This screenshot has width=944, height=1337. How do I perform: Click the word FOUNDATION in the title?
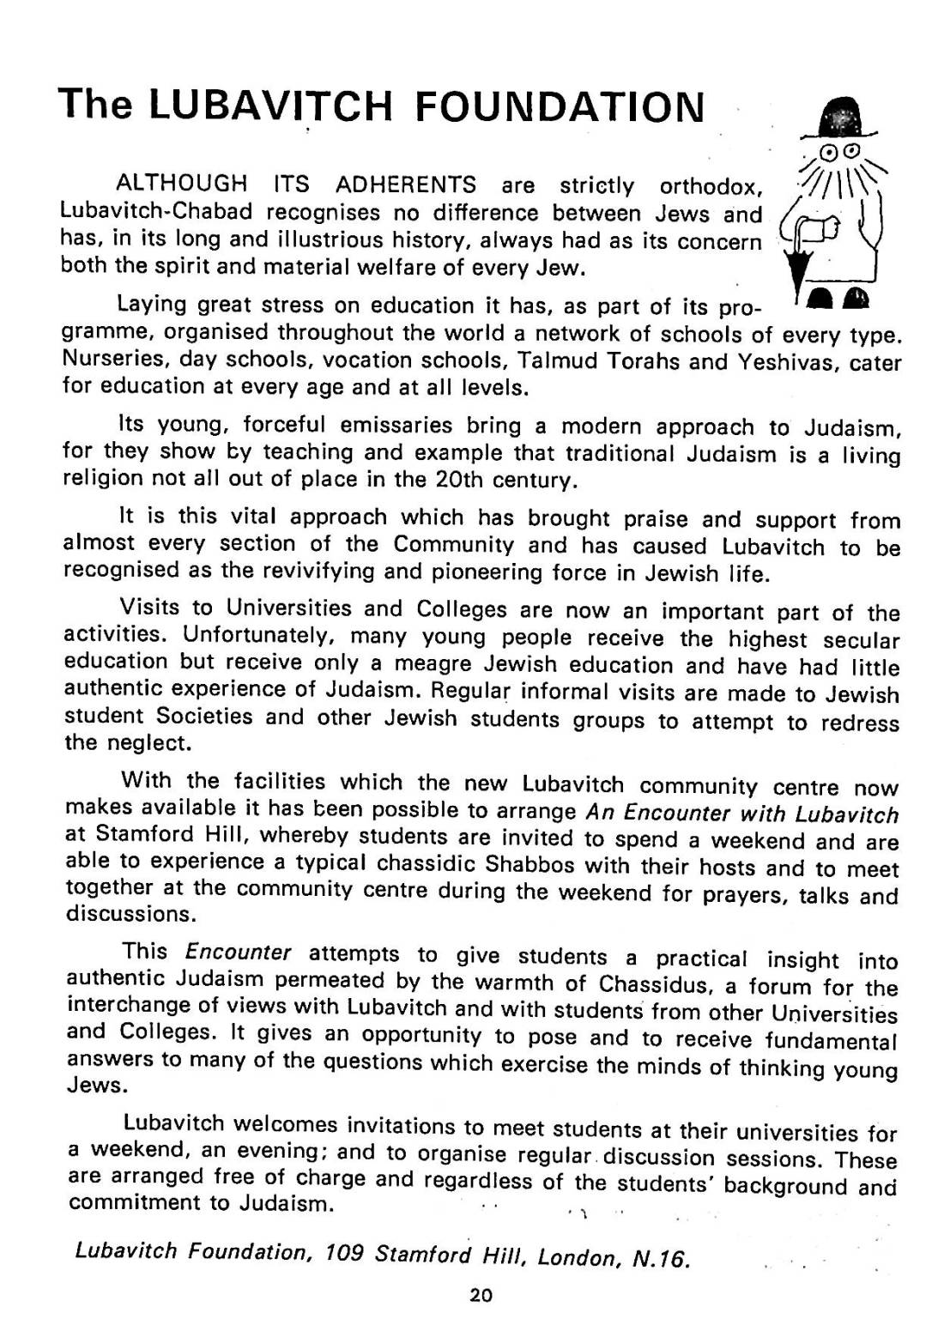click(x=559, y=106)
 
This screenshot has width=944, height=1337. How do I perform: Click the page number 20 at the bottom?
click(x=481, y=1296)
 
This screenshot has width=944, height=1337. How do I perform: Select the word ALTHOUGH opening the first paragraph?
click(x=181, y=185)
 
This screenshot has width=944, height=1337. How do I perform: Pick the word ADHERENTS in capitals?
click(x=406, y=185)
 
